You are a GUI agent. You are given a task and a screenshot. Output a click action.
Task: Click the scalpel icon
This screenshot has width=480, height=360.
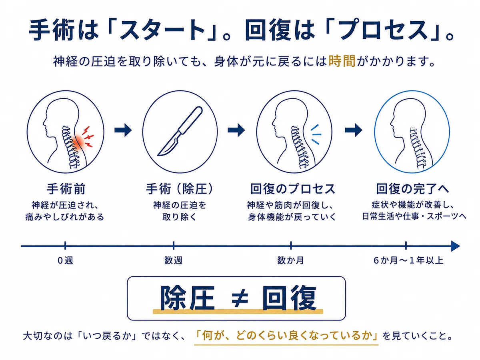[180, 131]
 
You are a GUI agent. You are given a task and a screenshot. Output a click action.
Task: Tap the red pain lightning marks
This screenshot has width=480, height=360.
[88, 136]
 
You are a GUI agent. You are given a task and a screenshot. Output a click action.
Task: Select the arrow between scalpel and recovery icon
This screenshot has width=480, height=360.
[236, 130]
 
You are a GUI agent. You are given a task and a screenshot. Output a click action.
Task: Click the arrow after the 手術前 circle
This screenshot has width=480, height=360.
[123, 130]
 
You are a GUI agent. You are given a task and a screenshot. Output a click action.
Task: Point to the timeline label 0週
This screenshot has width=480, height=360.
[65, 260]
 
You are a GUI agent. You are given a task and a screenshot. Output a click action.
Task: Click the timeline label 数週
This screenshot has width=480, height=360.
[173, 260]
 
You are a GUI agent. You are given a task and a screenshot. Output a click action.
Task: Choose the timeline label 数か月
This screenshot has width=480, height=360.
[291, 260]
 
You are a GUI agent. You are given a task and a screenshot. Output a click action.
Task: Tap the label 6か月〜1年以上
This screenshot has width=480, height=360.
[408, 260]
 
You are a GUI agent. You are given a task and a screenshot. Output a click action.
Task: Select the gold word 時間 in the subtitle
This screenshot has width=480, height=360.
[342, 61]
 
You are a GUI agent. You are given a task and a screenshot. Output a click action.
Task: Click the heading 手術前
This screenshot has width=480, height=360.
[66, 189]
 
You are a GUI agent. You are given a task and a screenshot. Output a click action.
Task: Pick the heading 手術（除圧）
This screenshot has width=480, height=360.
[180, 189]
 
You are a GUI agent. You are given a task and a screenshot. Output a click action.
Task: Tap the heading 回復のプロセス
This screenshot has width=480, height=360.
[293, 189]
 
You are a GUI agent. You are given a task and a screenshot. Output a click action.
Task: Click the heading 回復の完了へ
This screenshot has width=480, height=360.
[412, 189]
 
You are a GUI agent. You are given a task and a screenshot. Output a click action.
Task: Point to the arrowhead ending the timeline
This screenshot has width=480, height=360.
[456, 246]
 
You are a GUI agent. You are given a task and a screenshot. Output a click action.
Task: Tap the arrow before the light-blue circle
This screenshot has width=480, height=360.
[354, 130]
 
